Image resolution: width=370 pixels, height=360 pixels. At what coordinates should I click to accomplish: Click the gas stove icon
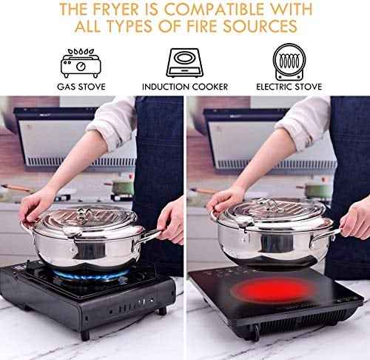point(81,63)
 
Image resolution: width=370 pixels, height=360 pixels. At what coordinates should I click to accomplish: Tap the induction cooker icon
point(185,62)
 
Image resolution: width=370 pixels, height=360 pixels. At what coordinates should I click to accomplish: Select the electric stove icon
point(289,61)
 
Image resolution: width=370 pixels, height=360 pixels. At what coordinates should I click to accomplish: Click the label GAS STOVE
point(81,87)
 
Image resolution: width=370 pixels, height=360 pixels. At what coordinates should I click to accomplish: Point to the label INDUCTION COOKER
point(185,87)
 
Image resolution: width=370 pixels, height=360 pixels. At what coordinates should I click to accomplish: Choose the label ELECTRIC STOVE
point(289,87)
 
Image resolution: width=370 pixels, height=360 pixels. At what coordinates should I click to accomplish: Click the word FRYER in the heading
point(115,10)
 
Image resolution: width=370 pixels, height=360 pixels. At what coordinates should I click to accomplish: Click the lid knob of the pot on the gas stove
point(84,213)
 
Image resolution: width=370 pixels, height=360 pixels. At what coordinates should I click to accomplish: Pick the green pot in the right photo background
point(318,190)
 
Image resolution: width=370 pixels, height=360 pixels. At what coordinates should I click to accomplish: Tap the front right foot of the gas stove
point(162,311)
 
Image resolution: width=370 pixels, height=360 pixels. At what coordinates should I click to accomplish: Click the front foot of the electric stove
point(257,332)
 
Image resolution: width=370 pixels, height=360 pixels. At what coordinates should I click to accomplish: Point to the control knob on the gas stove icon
point(81,66)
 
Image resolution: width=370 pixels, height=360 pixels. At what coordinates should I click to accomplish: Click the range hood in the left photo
point(75,139)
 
